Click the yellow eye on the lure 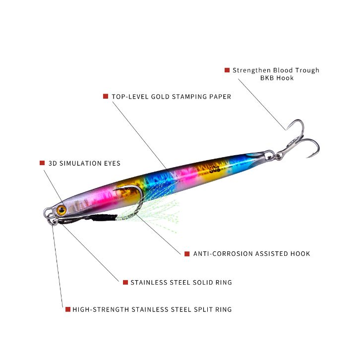[61, 210]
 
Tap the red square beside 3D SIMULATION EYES [42, 163]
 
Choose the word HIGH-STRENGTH [101, 309]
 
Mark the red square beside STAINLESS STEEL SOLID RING [125, 282]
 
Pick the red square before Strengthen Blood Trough [227, 70]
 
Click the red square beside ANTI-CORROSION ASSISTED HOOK [187, 253]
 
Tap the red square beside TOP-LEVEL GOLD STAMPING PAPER [106, 96]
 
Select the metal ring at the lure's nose [49, 214]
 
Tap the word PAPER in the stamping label [220, 97]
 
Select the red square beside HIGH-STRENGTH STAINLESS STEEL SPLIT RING [67, 309]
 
